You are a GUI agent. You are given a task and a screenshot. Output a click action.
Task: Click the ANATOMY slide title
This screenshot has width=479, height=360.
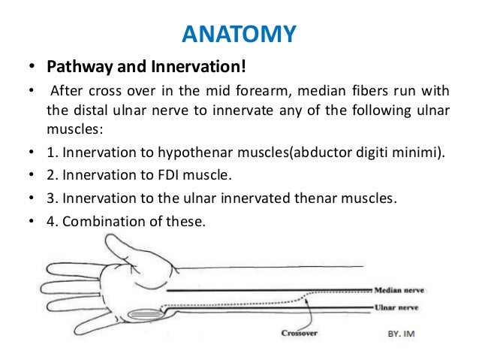click(239, 34)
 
